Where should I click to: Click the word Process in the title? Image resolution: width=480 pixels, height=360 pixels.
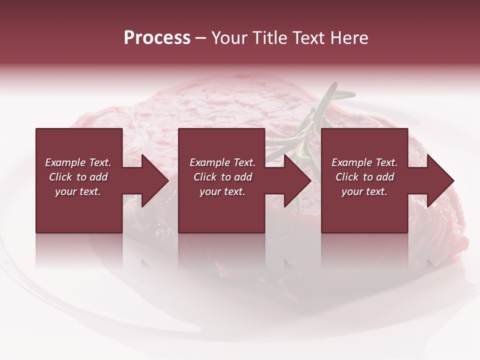coord(157,38)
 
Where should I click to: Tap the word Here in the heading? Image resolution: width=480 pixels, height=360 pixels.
coord(350,38)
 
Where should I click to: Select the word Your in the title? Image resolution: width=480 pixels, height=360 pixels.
coord(229,38)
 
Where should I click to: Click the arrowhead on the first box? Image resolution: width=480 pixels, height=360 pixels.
coord(150,180)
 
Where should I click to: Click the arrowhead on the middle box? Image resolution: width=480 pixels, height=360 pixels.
coord(293,180)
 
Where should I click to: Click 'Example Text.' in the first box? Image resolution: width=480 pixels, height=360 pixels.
coord(78,162)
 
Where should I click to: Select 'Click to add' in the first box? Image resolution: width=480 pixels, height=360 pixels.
coord(78,177)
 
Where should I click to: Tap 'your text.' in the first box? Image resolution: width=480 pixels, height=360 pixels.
coord(78,191)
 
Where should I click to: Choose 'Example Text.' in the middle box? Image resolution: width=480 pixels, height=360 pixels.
coord(222,162)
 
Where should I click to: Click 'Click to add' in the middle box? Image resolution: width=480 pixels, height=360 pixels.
coord(222,177)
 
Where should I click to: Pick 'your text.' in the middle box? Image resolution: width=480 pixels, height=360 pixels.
coord(222,191)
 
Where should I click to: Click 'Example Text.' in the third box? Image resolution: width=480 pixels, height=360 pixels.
coord(364,162)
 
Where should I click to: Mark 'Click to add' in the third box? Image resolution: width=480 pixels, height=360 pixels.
coord(364,177)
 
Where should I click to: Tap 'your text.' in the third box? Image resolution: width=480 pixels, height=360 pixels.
coord(364,191)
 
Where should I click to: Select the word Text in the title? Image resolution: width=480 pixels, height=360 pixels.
coord(310,38)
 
